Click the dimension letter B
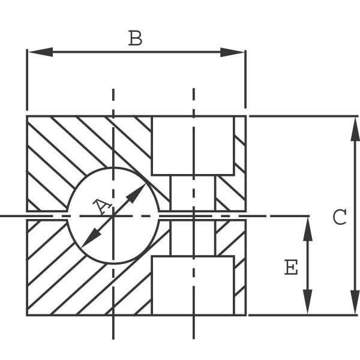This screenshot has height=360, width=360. pos(135,38)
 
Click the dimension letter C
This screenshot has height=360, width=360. pos(340,217)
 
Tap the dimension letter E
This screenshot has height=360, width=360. pos(291,267)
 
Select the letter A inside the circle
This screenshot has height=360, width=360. pos(102,206)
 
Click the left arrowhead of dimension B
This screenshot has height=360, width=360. pos(40,52)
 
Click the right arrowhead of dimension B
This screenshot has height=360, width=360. pos(232,52)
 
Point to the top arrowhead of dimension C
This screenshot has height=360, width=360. pos(355,129)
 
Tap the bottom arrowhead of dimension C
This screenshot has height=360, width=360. pos(355,302)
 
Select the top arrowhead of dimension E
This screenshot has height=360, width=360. pos(308,229)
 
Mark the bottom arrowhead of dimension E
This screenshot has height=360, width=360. pos(308,302)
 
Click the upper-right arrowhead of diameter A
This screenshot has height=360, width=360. pos(136,193)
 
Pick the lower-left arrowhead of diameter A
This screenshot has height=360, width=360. pos(91,238)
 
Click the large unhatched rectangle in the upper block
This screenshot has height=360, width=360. pos(193,146)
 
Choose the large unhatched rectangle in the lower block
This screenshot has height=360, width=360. pos(193,286)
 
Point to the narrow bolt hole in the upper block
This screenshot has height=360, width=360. pos(193,193)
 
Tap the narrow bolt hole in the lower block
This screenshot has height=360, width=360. pos(193,238)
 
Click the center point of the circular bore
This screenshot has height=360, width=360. pos(113,216)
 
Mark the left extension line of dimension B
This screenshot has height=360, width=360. pos(27,80)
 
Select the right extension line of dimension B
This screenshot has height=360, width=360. pos(245,79)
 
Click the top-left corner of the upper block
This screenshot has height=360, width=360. pos(27,116)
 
